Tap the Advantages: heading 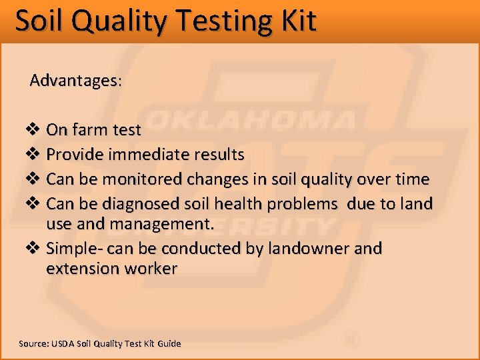pos(75,81)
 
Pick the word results pos(218,155)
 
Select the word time pos(413,179)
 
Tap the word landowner pos(302,249)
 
